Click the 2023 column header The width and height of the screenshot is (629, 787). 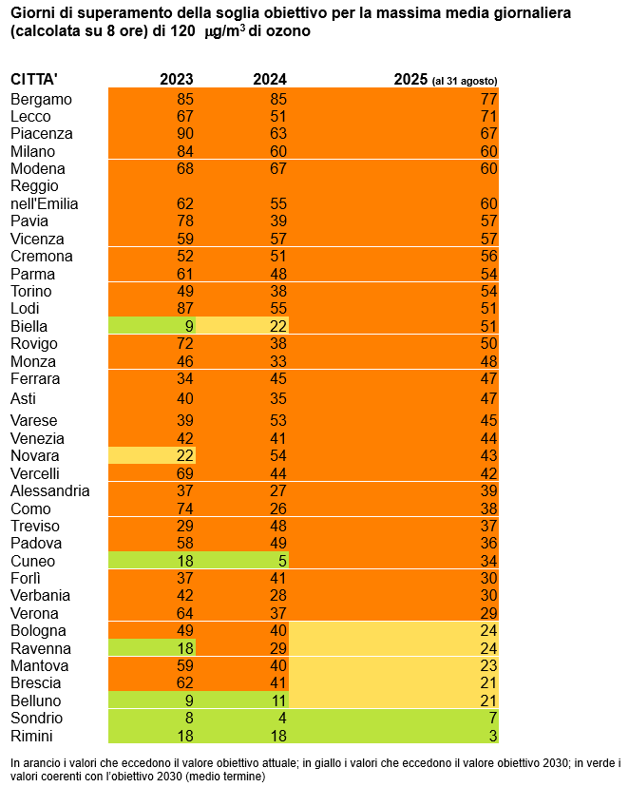[176, 80]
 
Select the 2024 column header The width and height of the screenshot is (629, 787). [269, 80]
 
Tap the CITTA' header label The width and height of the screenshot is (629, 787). [34, 80]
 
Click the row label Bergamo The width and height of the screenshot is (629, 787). [42, 98]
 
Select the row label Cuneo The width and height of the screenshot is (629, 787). [33, 561]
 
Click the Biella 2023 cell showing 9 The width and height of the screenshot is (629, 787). [153, 326]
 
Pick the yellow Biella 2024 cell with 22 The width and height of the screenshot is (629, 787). [243, 326]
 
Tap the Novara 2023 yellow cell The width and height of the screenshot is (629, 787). [153, 456]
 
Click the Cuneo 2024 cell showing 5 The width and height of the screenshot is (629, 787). [243, 561]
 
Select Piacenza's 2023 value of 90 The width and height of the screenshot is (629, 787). [184, 133]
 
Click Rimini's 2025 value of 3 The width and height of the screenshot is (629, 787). [491, 736]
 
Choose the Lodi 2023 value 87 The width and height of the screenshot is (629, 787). [184, 308]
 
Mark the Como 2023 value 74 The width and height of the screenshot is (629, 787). [184, 509]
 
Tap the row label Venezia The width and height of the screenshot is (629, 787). [38, 438]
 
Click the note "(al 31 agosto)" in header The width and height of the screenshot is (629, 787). [465, 81]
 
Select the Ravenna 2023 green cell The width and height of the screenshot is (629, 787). [153, 647]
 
